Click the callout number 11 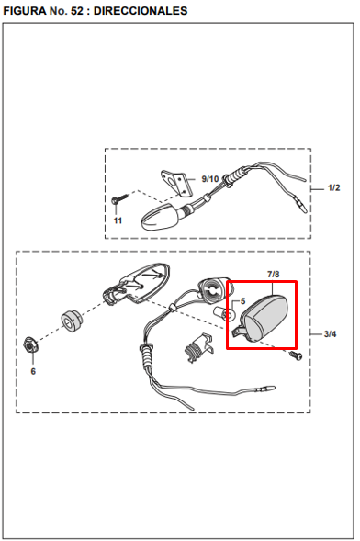tap(118, 220)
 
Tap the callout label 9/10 tap(210, 179)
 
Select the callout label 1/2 tap(333, 187)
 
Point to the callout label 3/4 tap(330, 334)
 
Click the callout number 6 tap(33, 371)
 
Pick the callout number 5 tap(242, 301)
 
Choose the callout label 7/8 tap(273, 275)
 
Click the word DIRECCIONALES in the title tap(141, 11)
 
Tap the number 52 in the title tap(77, 11)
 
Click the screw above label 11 tap(119, 199)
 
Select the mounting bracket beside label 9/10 tap(175, 183)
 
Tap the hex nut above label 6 tap(30, 344)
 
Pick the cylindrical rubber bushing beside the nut tap(72, 321)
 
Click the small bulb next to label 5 tap(224, 313)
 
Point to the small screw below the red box tap(295, 355)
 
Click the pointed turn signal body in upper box tap(162, 217)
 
